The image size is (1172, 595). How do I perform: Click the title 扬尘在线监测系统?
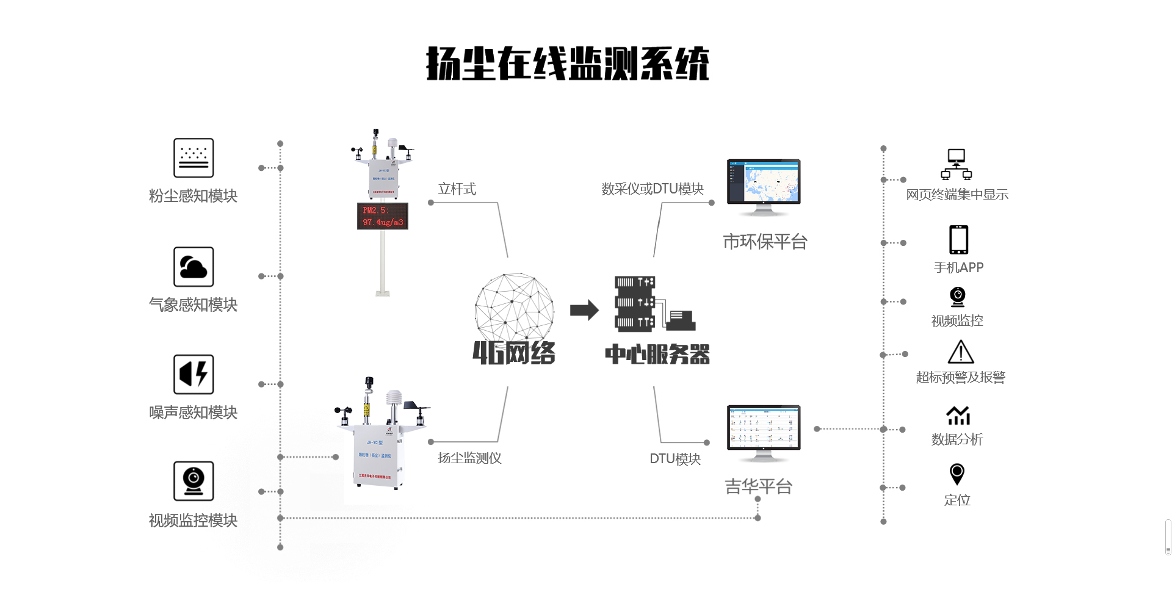pyautogui.click(x=567, y=63)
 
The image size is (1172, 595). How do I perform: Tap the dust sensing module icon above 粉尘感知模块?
pyautogui.click(x=194, y=157)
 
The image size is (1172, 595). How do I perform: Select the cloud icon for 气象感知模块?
pyautogui.click(x=194, y=267)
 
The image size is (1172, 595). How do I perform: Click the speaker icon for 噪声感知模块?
pyautogui.click(x=194, y=374)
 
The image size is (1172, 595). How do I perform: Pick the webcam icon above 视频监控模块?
pyautogui.click(x=194, y=481)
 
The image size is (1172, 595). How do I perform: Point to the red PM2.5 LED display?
pyautogui.click(x=383, y=216)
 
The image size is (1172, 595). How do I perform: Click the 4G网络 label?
pyautogui.click(x=514, y=353)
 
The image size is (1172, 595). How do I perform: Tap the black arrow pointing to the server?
pyautogui.click(x=584, y=310)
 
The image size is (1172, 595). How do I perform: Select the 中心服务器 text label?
pyautogui.click(x=657, y=354)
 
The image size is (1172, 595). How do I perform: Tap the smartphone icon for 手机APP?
pyautogui.click(x=958, y=240)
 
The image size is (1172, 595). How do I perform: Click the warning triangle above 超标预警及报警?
pyautogui.click(x=961, y=352)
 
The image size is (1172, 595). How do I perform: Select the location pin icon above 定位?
pyautogui.click(x=957, y=474)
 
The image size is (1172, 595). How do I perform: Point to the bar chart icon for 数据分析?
pyautogui.click(x=958, y=416)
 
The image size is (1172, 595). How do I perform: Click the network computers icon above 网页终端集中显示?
pyautogui.click(x=956, y=164)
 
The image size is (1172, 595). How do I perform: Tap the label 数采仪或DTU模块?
pyautogui.click(x=652, y=189)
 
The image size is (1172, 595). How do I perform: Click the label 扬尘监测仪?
pyautogui.click(x=469, y=458)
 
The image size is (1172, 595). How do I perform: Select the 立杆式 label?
pyautogui.click(x=457, y=189)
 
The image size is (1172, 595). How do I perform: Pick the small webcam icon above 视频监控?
pyautogui.click(x=958, y=297)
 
